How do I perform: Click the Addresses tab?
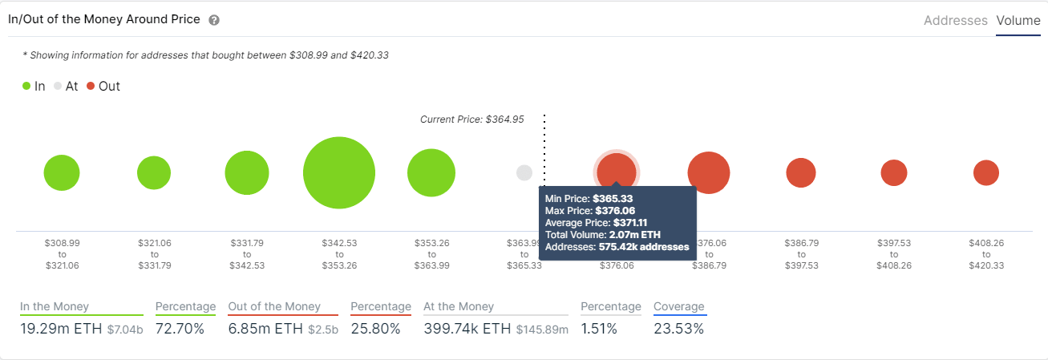[x=955, y=21]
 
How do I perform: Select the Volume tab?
[x=1018, y=21]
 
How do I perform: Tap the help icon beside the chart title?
[x=214, y=20]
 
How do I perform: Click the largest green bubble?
[x=339, y=172]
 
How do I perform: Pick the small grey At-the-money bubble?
[x=524, y=172]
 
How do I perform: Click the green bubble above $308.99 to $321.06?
[x=62, y=172]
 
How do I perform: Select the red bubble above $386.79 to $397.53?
[x=801, y=172]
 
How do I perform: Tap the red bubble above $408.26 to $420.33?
[x=986, y=172]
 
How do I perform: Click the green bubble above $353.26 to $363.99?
[x=431, y=172]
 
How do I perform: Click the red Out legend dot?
[x=91, y=86]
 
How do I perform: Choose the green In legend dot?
[x=26, y=86]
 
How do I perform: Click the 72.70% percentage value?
[x=180, y=329]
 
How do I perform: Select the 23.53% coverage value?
[x=678, y=329]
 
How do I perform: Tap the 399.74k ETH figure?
[x=456, y=329]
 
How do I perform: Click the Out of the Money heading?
[x=274, y=306]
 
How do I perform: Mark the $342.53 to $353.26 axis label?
[x=339, y=253]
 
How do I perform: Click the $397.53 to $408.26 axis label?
[x=894, y=253]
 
